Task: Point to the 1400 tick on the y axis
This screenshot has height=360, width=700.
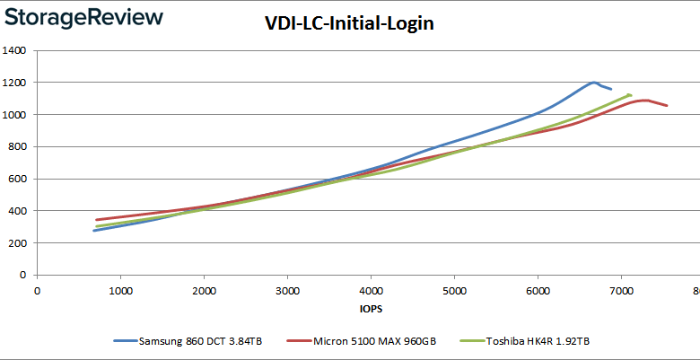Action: pyautogui.click(x=13, y=51)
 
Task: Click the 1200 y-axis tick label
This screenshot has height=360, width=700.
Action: pyautogui.click(x=13, y=83)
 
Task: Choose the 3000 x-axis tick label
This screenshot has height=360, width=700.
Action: pyautogui.click(x=287, y=290)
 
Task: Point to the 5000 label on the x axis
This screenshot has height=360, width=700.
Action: pyautogui.click(x=454, y=290)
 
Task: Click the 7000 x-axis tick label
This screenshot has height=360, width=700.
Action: pyautogui.click(x=621, y=290)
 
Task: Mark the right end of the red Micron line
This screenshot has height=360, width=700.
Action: pyautogui.click(x=667, y=106)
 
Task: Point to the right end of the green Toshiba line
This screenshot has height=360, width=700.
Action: pyautogui.click(x=631, y=94)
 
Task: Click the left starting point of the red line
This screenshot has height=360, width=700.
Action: pyautogui.click(x=96, y=220)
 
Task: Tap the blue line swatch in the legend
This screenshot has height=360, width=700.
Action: pyautogui.click(x=125, y=341)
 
